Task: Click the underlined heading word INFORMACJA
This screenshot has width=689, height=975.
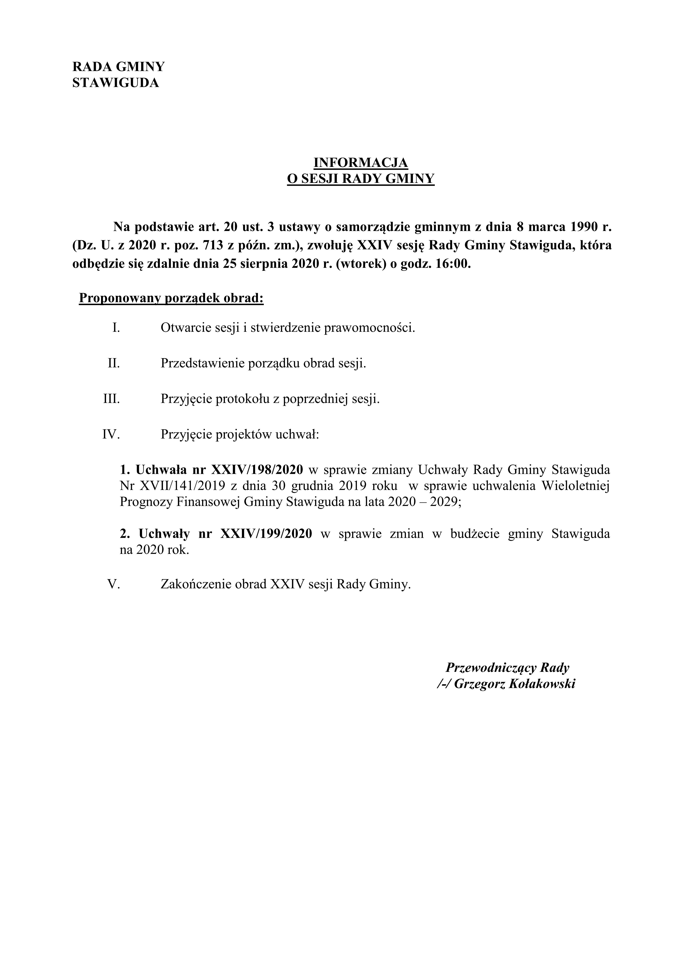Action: click(x=360, y=163)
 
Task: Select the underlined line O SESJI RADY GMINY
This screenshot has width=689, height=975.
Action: click(x=360, y=179)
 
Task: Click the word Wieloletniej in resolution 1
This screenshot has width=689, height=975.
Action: click(x=576, y=486)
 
